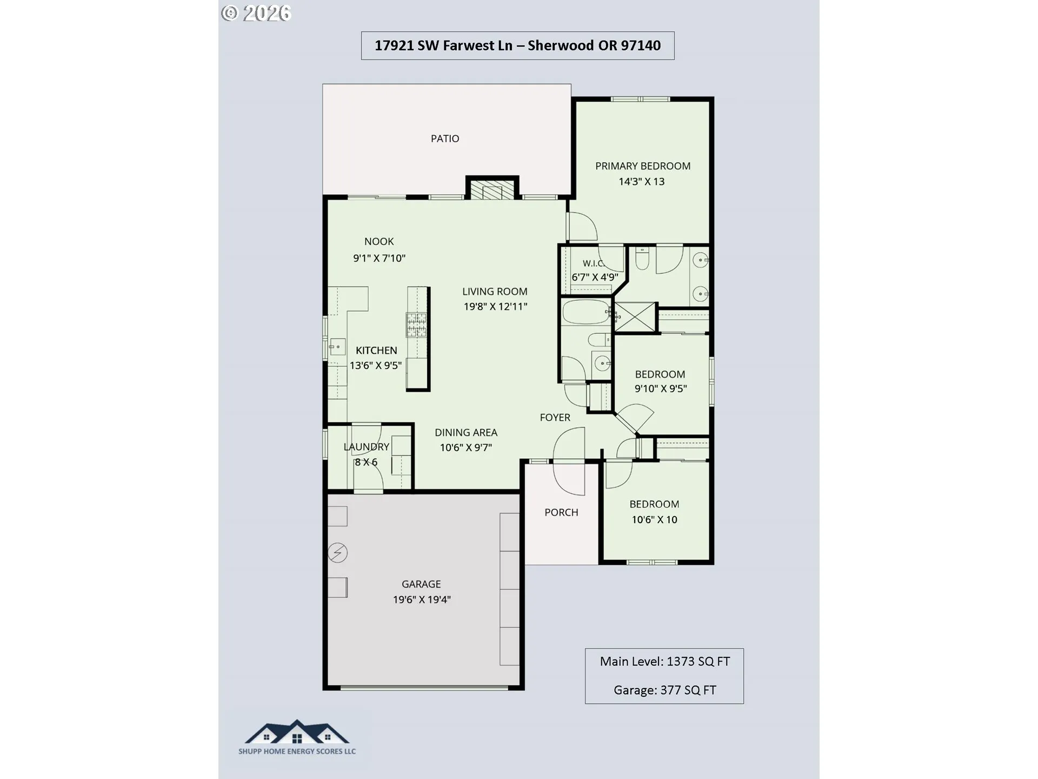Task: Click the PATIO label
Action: (445, 138)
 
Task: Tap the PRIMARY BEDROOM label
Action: (643, 166)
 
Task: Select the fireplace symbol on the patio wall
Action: (492, 190)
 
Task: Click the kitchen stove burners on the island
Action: (416, 325)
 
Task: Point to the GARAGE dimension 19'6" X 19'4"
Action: (422, 599)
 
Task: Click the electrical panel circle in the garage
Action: (338, 553)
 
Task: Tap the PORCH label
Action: (561, 512)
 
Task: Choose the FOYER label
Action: (555, 418)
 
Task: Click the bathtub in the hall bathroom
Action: (587, 312)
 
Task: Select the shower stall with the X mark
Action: (635, 316)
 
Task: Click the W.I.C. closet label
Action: (594, 263)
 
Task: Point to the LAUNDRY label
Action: (367, 447)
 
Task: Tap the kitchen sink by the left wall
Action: (337, 346)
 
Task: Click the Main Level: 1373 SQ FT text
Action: (665, 662)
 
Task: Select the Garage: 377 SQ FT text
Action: (665, 690)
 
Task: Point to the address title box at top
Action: (518, 45)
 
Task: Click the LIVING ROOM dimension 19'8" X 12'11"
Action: (495, 307)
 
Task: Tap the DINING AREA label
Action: (466, 433)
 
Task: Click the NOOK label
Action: (379, 242)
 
